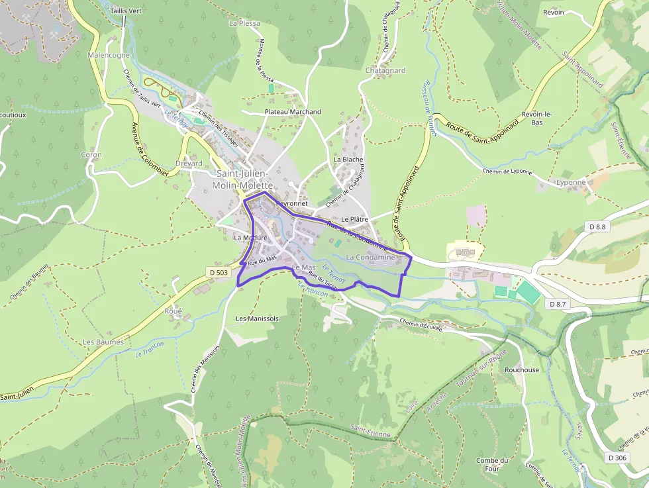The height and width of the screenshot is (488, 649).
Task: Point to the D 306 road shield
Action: tap(617, 457)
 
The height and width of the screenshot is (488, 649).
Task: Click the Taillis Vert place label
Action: tap(126, 11)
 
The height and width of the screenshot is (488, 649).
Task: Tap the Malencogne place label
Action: tap(109, 56)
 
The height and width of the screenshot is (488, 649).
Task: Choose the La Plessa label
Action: tap(244, 23)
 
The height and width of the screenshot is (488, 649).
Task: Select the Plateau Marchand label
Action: tap(293, 112)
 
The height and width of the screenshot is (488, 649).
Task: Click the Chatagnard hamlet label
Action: tap(385, 70)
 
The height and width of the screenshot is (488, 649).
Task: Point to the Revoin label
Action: tap(553, 13)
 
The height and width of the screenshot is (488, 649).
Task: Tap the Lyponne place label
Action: tap(571, 183)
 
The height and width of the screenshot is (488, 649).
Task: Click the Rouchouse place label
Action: tap(522, 370)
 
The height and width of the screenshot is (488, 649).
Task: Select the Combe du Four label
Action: tap(492, 465)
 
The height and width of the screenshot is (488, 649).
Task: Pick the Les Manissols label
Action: tap(257, 318)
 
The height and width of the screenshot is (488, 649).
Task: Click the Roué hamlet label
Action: tap(174, 311)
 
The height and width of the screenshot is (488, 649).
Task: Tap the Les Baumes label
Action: tap(103, 342)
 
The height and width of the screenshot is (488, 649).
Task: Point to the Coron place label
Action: tap(91, 155)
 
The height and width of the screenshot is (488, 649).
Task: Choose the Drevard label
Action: tap(189, 163)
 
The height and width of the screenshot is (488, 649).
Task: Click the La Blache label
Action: tap(348, 160)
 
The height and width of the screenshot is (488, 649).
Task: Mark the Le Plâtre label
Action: tap(354, 219)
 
